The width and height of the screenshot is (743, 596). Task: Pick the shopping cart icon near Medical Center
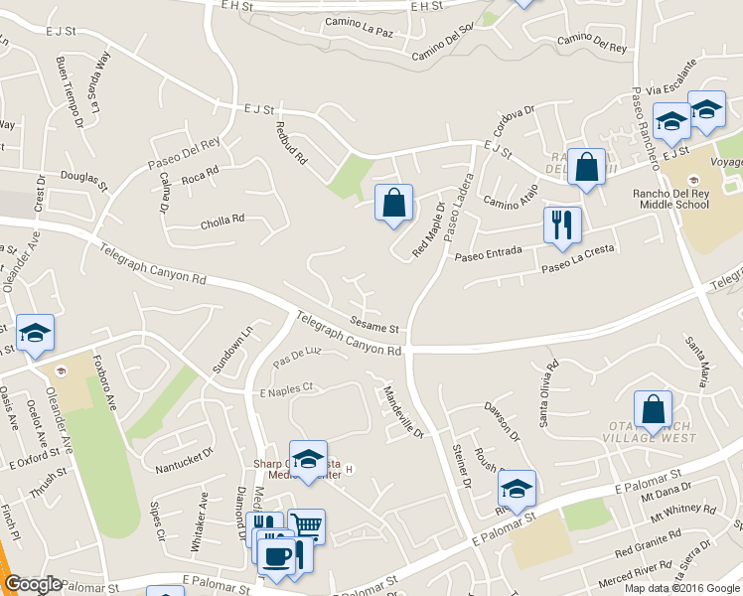307,526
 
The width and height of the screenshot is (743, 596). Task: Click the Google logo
34,584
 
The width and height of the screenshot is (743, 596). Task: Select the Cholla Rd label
223,221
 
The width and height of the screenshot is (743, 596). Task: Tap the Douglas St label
83,179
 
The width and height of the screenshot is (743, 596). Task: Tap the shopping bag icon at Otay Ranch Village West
653,408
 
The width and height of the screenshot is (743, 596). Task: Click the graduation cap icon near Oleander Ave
36,333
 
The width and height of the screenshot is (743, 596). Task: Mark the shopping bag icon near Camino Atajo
587,168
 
